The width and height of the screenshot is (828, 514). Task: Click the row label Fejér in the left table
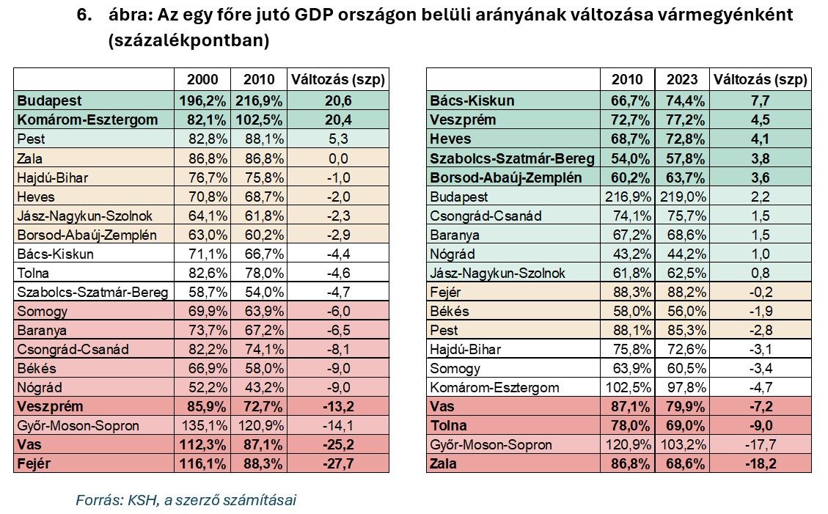[33, 463]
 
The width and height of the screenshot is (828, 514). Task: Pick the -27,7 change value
[338, 463]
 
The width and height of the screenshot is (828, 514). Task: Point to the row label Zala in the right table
[444, 463]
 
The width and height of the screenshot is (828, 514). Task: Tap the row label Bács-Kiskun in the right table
[472, 100]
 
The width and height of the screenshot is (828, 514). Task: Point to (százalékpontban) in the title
[188, 41]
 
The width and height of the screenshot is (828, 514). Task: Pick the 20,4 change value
[338, 120]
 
